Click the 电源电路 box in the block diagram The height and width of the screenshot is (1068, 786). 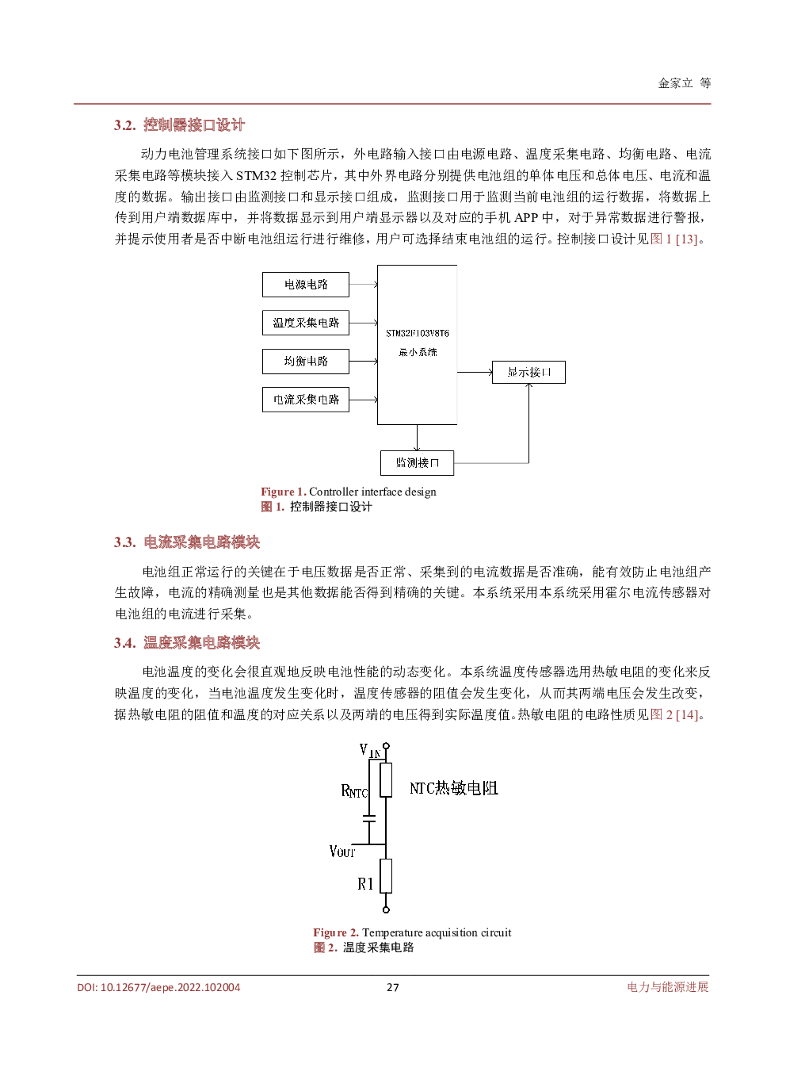click(x=306, y=285)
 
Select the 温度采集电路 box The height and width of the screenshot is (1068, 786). click(x=306, y=323)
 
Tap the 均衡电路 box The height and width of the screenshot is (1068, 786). click(x=306, y=362)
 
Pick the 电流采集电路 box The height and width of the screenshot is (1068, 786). click(x=306, y=400)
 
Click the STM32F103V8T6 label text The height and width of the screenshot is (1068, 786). click(x=418, y=334)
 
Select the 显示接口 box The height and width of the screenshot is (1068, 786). click(x=528, y=373)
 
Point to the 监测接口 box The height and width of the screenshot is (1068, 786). click(x=417, y=463)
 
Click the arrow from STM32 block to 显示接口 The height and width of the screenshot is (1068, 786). click(x=475, y=372)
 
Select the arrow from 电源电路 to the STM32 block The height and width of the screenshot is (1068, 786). click(x=363, y=285)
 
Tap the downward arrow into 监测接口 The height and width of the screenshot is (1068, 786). click(x=417, y=438)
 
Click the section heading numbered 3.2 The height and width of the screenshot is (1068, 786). click(x=179, y=125)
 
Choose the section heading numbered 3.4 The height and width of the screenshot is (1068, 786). click(x=186, y=643)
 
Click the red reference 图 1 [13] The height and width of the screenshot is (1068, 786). click(x=673, y=239)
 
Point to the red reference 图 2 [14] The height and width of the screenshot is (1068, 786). click(x=674, y=714)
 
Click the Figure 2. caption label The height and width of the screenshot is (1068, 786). click(x=336, y=932)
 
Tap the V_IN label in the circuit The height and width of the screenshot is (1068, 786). click(x=369, y=750)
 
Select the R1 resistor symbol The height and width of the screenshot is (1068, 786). click(x=386, y=876)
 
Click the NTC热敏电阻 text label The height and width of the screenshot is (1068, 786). click(x=453, y=788)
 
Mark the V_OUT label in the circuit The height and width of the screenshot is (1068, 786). click(x=342, y=852)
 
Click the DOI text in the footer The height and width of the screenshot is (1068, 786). click(x=158, y=987)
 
